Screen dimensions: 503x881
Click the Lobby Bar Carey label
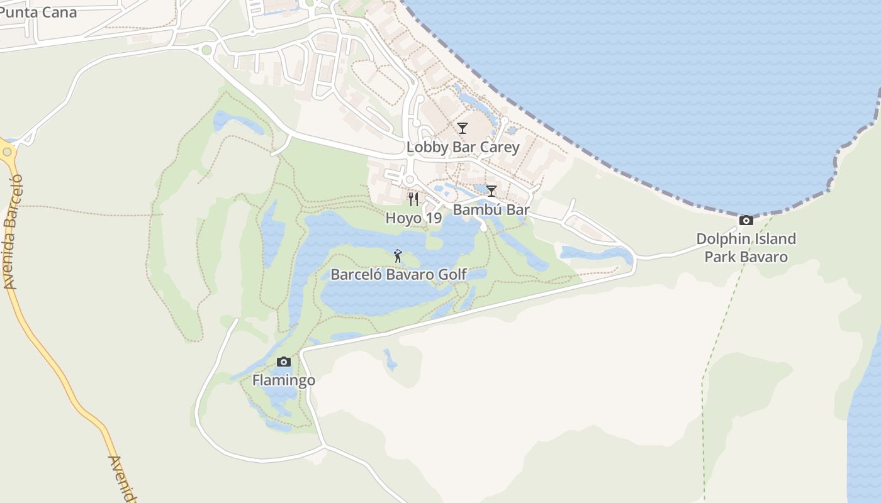tap(463, 147)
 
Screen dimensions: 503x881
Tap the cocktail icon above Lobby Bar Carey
tap(463, 128)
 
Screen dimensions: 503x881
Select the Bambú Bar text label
tap(491, 210)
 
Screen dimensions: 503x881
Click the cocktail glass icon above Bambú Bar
tap(491, 191)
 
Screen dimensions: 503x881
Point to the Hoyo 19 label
tap(413, 218)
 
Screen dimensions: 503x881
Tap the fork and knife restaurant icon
tap(413, 199)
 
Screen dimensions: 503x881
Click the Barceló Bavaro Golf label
tap(398, 274)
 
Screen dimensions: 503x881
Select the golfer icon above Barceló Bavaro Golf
tap(398, 255)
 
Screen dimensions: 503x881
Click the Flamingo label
tap(284, 380)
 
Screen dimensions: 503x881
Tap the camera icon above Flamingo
tap(284, 362)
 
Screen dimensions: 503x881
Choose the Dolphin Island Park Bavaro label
tap(746, 248)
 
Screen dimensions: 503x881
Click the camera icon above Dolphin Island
tap(746, 220)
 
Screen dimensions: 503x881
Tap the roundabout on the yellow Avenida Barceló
tap(6, 151)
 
